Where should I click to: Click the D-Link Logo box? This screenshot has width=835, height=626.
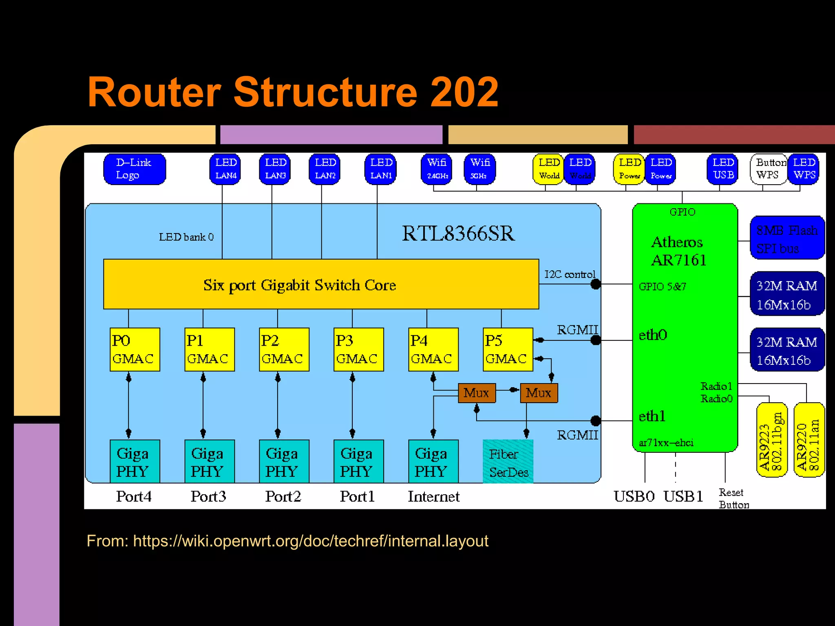coord(135,169)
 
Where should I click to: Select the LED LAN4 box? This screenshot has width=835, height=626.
coord(225,169)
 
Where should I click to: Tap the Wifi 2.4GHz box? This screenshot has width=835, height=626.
coord(437,169)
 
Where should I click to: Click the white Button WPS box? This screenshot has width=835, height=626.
coord(768,169)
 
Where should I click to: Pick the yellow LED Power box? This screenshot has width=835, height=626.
coord(629,169)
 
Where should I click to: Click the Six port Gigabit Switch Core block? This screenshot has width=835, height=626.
coord(321,284)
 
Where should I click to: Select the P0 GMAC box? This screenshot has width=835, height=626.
coord(135,350)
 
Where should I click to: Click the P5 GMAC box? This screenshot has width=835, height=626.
coord(508,350)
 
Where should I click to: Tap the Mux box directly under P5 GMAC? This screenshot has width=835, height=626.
coord(539,393)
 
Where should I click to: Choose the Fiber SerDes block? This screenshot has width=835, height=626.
coord(508,462)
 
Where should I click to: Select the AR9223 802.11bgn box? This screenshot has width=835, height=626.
coord(771,440)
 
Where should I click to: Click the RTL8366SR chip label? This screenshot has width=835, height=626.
coord(458,234)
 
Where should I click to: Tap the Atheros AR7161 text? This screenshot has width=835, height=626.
coord(678,251)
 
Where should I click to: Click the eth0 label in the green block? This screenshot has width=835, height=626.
coord(653,335)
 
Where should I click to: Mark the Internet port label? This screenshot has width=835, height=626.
coord(433,496)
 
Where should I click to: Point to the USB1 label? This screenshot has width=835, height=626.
coord(683,496)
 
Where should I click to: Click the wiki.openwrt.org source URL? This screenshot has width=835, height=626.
coord(310,541)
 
